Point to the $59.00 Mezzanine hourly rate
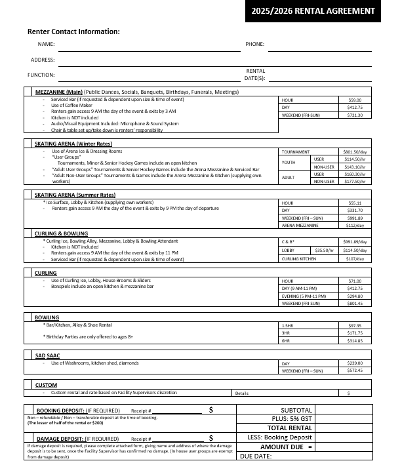coord(355,100)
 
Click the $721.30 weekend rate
coord(355,115)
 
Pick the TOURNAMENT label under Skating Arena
coord(296,151)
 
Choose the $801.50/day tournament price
coord(355,151)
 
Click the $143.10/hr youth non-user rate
coord(355,167)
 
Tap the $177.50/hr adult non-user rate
coord(355,182)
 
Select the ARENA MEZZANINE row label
coord(300,226)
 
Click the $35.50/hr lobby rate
coord(325,250)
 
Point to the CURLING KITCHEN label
coord(299,259)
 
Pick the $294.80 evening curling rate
coord(355,296)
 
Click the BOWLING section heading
coord(47,317)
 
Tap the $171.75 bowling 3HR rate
coord(355,333)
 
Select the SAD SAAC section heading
coord(48,355)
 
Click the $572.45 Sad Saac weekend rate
coord(355,371)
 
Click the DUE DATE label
coord(256,456)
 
